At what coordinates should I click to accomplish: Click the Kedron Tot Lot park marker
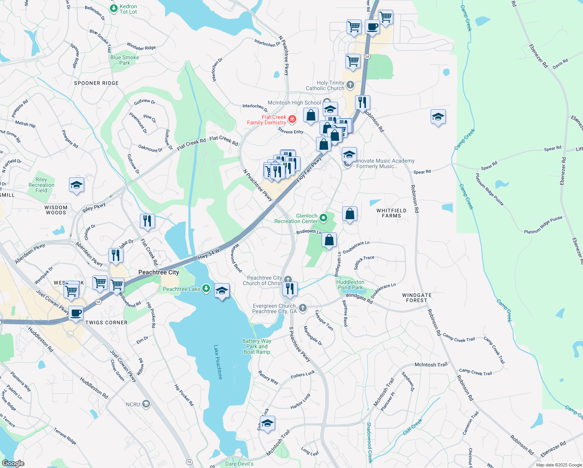(x=113, y=8)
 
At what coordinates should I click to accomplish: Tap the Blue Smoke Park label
(x=125, y=60)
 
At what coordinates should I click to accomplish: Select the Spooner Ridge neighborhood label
(x=96, y=83)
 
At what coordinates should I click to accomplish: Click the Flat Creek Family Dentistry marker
(x=292, y=119)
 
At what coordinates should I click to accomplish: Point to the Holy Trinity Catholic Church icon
(x=350, y=85)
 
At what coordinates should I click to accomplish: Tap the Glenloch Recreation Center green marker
(x=323, y=218)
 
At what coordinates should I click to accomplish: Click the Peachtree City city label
(x=159, y=272)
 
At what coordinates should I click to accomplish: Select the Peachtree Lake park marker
(x=206, y=289)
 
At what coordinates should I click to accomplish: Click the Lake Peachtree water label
(x=217, y=362)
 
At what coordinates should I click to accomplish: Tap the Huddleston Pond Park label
(x=350, y=285)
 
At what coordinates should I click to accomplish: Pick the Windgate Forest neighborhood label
(x=417, y=298)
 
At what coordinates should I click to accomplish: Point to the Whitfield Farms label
(x=391, y=213)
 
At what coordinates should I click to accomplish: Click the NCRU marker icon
(x=146, y=404)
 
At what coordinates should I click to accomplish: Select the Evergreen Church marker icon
(x=302, y=308)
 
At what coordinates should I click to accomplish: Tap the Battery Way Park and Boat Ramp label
(x=257, y=346)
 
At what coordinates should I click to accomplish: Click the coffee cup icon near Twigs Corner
(x=76, y=313)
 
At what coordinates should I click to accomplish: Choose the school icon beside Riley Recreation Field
(x=76, y=185)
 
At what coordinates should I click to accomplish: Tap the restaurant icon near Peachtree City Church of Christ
(x=290, y=289)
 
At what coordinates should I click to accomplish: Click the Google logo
(x=13, y=463)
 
